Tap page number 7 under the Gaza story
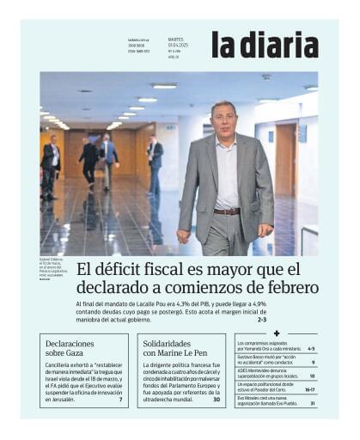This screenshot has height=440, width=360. (x=120, y=400)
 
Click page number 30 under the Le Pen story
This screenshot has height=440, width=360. (x=217, y=400)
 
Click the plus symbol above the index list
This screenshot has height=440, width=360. (x=276, y=333)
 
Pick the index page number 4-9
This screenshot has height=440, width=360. (x=309, y=349)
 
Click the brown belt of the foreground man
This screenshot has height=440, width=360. (x=227, y=211)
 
